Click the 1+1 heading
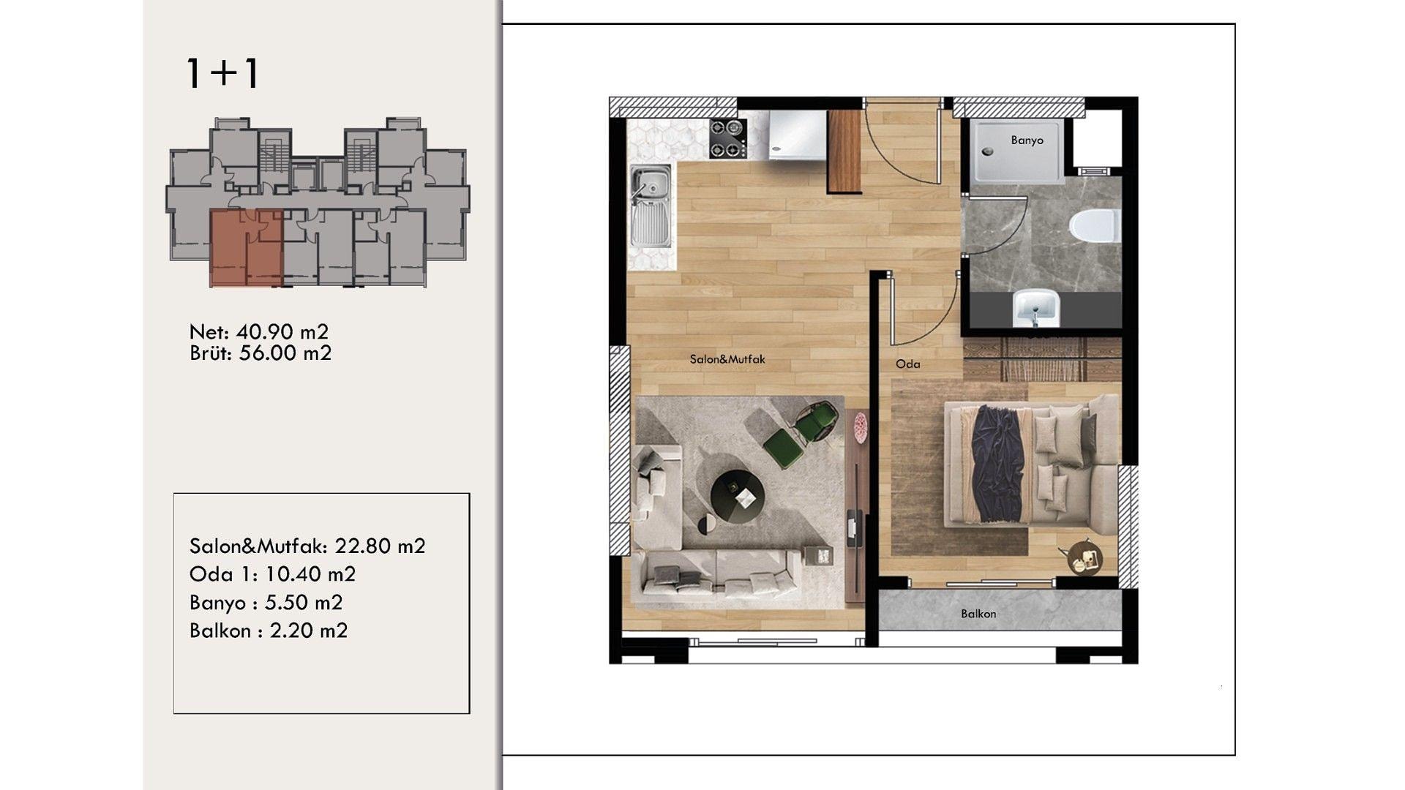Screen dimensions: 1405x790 pyautogui.click(x=222, y=74)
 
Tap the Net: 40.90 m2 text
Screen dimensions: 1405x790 pyautogui.click(x=259, y=331)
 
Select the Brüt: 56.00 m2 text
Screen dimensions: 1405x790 pyautogui.click(x=261, y=353)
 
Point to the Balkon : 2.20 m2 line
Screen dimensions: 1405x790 pyautogui.click(x=269, y=630)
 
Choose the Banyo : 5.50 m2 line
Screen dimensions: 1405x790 pyautogui.click(x=266, y=602)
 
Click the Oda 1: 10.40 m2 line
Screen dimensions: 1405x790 pyautogui.click(x=272, y=573)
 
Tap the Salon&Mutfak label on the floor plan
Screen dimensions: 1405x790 pyautogui.click(x=727, y=359)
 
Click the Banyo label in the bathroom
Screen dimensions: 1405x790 pyautogui.click(x=1027, y=140)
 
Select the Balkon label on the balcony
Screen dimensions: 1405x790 pyautogui.click(x=978, y=614)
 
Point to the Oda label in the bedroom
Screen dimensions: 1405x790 pyautogui.click(x=908, y=364)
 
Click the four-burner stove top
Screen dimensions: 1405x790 pyautogui.click(x=728, y=138)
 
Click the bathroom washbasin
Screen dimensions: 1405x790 pyautogui.click(x=1034, y=307)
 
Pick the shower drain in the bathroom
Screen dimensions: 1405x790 pyautogui.click(x=987, y=152)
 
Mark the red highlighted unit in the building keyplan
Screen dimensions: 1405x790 pyautogui.click(x=246, y=248)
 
